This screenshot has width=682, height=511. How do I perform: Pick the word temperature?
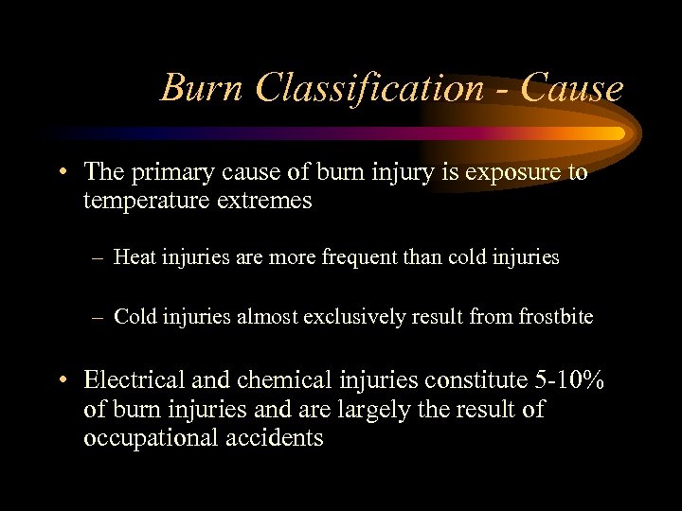[145, 202]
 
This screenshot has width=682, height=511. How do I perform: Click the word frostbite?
[556, 317]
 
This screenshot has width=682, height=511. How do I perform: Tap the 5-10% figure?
[569, 380]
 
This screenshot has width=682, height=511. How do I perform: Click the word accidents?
[278, 438]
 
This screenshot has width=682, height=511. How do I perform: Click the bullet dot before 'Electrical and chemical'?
[62, 381]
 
